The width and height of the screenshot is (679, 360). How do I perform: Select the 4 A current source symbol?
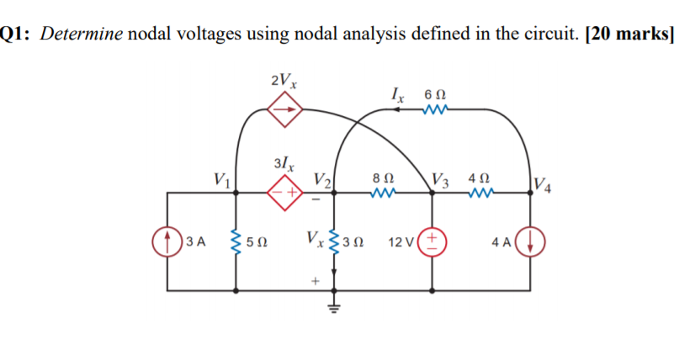click(532, 242)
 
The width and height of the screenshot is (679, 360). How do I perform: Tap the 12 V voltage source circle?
click(432, 242)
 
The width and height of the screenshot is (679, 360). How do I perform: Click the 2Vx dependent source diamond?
click(284, 109)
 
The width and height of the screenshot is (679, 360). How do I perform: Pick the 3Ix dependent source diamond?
click(283, 193)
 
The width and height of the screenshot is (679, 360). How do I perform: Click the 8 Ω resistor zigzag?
click(383, 193)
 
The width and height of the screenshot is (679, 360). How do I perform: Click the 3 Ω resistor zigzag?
click(334, 244)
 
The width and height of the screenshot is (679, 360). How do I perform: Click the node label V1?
click(222, 178)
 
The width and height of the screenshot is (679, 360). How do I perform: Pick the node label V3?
click(440, 178)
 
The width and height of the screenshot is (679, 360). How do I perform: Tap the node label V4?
click(544, 183)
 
